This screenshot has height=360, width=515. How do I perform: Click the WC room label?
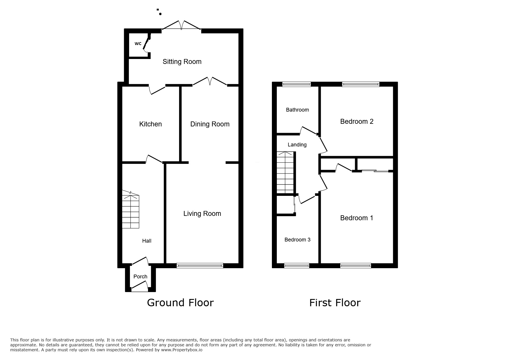click(x=138, y=44)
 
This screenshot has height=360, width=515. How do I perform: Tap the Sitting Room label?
click(x=182, y=62)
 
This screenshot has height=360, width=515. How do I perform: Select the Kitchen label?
click(x=150, y=124)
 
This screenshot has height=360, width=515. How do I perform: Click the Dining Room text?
click(x=210, y=124)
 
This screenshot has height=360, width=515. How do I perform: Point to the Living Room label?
click(x=202, y=214)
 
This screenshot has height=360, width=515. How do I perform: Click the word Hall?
click(x=147, y=241)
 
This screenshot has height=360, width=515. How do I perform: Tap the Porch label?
click(x=140, y=277)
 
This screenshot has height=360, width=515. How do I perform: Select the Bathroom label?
click(x=297, y=110)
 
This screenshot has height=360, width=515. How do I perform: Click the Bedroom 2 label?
click(x=357, y=121)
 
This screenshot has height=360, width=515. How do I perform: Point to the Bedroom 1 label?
click(x=357, y=218)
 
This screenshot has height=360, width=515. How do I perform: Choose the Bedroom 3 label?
click(x=297, y=240)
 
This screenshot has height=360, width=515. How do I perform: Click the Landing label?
click(x=297, y=145)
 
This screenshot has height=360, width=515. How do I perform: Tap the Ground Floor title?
click(x=180, y=303)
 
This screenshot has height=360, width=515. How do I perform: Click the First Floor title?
click(x=335, y=303)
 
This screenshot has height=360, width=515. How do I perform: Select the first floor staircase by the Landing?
click(x=285, y=173)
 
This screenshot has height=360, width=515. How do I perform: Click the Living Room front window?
click(x=200, y=265)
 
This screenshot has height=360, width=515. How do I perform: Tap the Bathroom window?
click(x=296, y=84)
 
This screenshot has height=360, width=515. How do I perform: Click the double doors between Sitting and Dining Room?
click(x=210, y=82)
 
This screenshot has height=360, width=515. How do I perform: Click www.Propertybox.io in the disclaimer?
click(x=181, y=350)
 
